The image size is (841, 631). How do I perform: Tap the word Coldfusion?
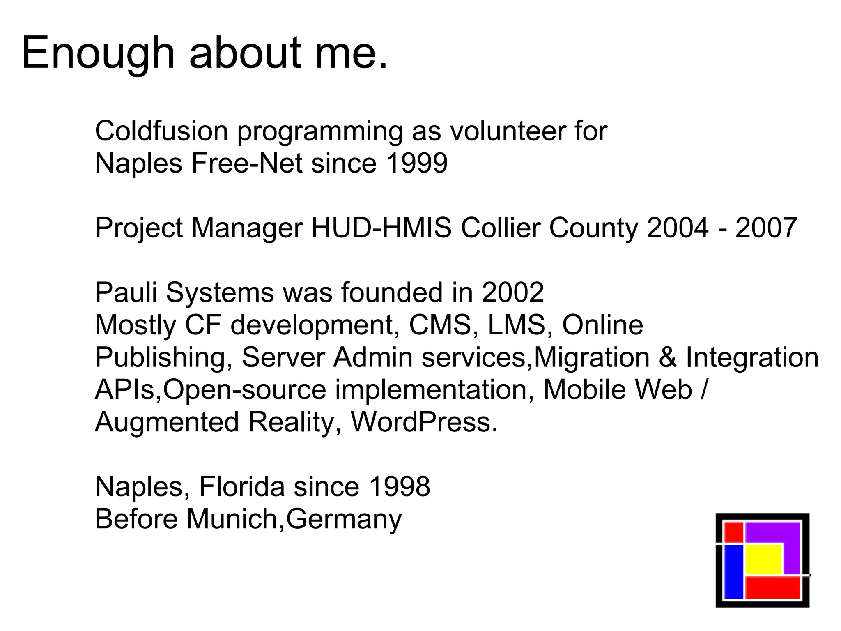161,131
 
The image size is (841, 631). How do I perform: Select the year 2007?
766,228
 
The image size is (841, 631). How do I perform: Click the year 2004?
678,228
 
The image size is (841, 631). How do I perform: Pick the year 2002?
512,292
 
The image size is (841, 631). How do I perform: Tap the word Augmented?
167,422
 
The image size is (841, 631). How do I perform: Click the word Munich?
232,519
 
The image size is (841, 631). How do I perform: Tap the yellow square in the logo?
763,559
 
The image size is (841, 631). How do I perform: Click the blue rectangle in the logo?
734,571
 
